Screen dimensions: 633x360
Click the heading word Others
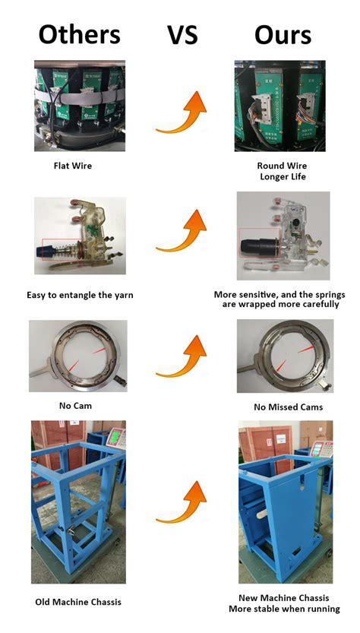pyautogui.click(x=79, y=35)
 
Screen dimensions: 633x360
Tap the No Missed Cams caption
pyautogui.click(x=285, y=407)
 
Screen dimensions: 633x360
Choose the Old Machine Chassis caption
pyautogui.click(x=78, y=602)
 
